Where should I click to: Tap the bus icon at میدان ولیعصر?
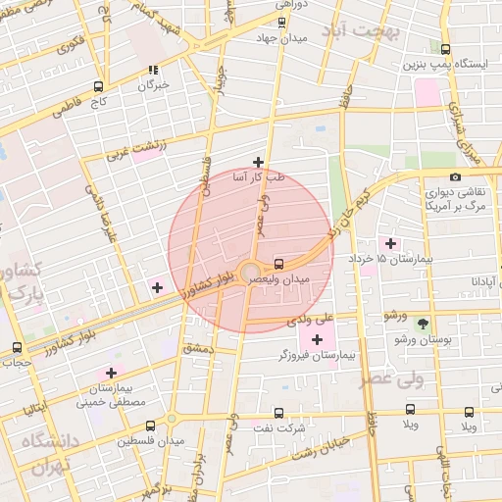click(x=279, y=263)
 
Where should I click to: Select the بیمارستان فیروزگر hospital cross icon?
click(x=317, y=339)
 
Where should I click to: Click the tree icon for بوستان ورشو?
click(x=423, y=323)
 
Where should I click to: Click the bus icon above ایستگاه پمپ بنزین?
click(x=446, y=49)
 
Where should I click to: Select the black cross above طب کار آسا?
click(x=258, y=162)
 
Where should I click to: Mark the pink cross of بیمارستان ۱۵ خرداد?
click(x=390, y=242)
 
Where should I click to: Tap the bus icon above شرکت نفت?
click(x=279, y=414)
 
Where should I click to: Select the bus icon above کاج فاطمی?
click(x=97, y=86)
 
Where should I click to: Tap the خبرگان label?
click(x=153, y=85)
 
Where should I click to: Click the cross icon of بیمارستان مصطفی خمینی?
click(x=111, y=373)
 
